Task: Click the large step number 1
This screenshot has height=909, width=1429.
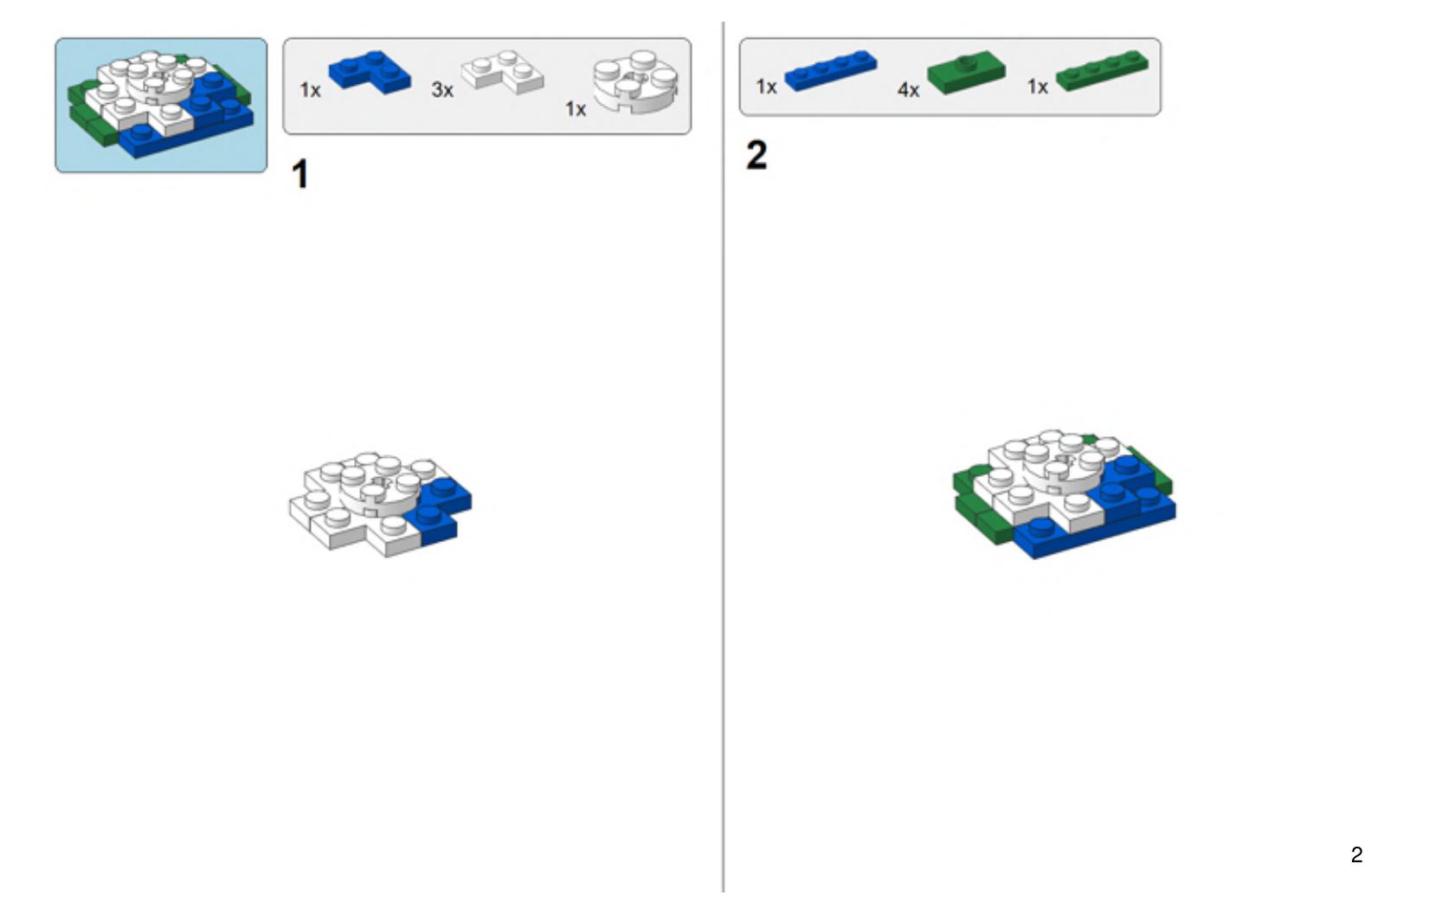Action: (x=299, y=173)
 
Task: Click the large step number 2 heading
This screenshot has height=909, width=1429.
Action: (x=756, y=155)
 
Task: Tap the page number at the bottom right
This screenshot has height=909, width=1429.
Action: (x=1357, y=854)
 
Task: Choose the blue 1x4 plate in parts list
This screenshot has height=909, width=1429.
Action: (x=831, y=70)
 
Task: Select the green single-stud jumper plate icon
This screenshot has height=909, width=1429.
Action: (x=966, y=72)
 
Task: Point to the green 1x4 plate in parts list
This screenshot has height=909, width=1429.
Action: (x=1103, y=70)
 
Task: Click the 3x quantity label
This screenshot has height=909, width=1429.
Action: (x=442, y=90)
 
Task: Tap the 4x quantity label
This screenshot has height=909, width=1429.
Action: (x=909, y=90)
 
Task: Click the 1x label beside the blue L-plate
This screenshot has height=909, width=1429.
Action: (x=310, y=90)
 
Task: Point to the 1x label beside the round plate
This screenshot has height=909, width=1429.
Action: (x=576, y=109)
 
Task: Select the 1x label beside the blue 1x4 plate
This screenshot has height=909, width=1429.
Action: (x=766, y=86)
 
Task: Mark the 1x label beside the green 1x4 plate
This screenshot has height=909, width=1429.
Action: (x=1037, y=86)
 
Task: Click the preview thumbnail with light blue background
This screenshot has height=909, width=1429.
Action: (x=161, y=106)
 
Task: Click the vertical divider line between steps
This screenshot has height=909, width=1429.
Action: (x=723, y=457)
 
